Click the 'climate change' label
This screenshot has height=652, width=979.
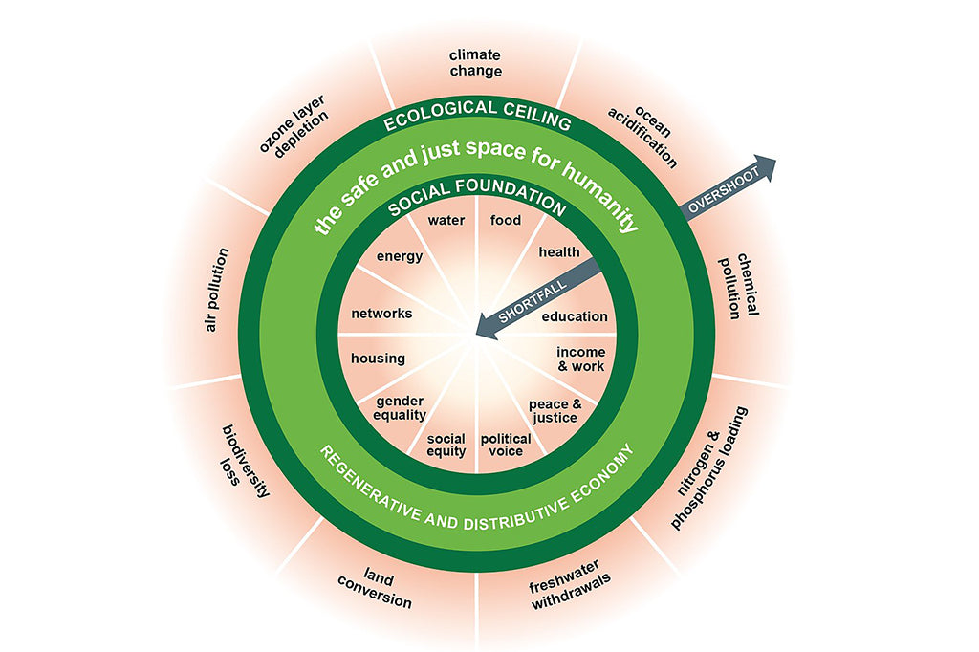[x=475, y=63]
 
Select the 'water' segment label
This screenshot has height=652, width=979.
[x=446, y=221]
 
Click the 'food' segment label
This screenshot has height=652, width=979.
[x=506, y=221]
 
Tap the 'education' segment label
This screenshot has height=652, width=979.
[x=575, y=316]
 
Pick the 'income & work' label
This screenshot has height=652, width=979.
[x=581, y=359]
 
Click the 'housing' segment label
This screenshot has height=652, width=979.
[x=379, y=359]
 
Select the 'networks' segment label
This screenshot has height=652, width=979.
[x=381, y=314]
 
